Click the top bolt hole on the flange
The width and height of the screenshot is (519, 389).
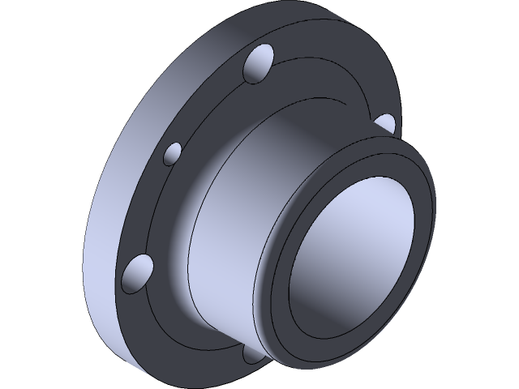point(259,64)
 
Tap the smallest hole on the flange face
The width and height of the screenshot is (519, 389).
point(172,153)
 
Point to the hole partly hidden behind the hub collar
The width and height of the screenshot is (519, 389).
point(385,123)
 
